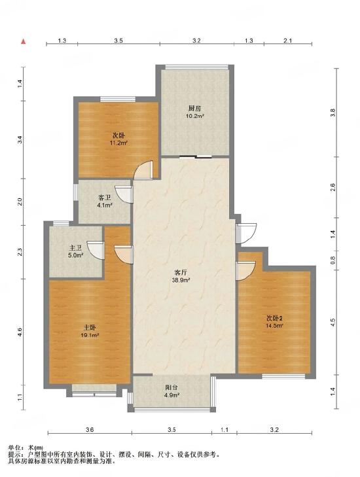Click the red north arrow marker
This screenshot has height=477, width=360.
click(23, 41)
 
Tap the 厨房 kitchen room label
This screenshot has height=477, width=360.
click(194, 109)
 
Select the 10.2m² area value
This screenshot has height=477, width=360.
click(195, 116)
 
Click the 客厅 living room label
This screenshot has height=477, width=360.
click(181, 272)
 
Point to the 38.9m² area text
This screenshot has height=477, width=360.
click(181, 280)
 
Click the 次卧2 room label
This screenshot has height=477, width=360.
click(275, 319)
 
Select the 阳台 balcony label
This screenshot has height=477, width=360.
click(171, 387)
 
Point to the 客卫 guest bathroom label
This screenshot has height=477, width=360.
click(104, 198)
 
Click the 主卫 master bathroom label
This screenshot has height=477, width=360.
click(75, 248)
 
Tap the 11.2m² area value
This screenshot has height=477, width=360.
click(118, 143)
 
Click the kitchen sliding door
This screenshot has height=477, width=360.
click(195, 157)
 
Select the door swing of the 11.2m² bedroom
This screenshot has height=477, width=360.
click(143, 169)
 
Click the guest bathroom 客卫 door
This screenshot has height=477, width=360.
click(123, 194)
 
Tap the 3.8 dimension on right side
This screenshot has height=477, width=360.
click(333, 113)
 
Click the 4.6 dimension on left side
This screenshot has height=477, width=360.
click(20, 332)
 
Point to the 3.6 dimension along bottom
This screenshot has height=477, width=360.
click(90, 429)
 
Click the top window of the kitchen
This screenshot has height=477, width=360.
click(196, 67)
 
